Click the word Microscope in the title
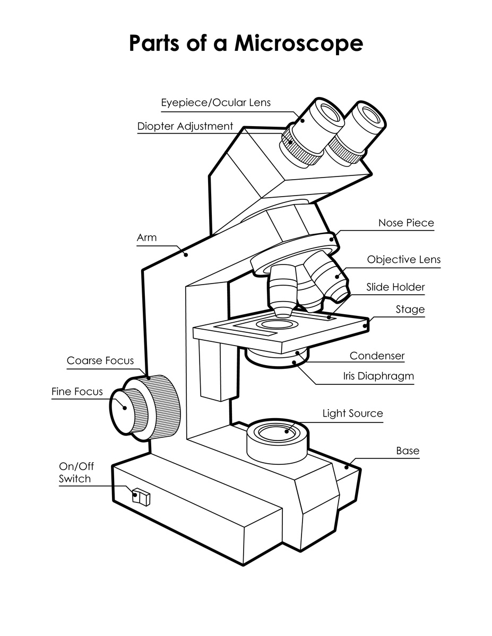point(299,43)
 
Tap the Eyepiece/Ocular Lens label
point(215,102)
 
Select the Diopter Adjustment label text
point(185,126)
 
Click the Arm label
point(147,237)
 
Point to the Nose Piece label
point(405,223)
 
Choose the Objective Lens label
point(403,260)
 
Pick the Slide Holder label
point(395,287)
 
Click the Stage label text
point(410,310)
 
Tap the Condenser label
point(377,356)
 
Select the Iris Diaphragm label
point(378,376)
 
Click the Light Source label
point(352,413)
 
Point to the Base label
point(408,451)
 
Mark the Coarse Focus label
point(100,361)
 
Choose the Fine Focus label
point(77,392)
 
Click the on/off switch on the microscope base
point(142,497)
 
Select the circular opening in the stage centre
point(274,324)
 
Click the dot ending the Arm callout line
point(186,255)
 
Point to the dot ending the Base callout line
point(347,467)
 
